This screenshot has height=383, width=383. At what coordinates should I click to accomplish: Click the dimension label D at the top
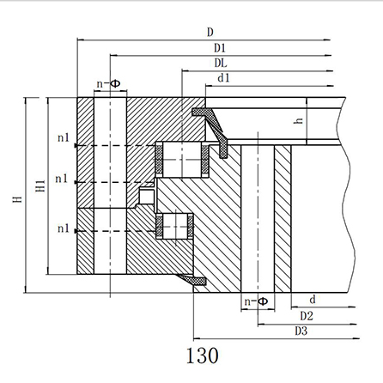click(x=210, y=32)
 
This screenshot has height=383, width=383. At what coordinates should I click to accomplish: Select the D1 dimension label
click(x=220, y=48)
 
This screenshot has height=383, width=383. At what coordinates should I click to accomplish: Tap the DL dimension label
click(x=221, y=63)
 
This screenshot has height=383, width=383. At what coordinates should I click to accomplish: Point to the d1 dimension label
click(x=223, y=78)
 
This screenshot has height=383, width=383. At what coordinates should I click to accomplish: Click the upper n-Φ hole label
click(x=108, y=84)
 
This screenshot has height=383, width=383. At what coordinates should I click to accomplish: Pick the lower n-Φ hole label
click(x=257, y=301)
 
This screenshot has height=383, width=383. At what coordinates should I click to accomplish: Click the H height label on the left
click(x=18, y=199)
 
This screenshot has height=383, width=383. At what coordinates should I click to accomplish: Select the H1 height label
click(x=40, y=185)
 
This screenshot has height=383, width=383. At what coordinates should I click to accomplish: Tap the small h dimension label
click(x=299, y=120)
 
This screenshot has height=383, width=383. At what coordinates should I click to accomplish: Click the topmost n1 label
click(x=64, y=137)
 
